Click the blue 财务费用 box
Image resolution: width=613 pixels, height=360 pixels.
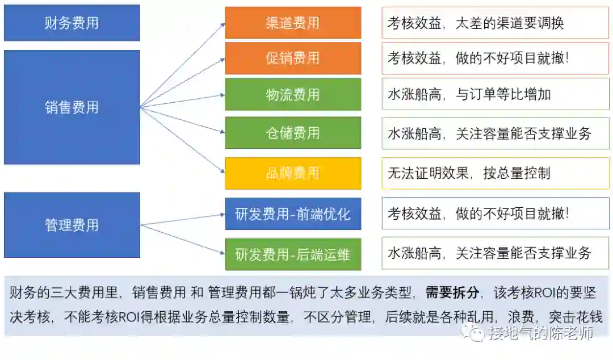coord(72,23)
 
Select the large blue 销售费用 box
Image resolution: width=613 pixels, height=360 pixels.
coord(72,107)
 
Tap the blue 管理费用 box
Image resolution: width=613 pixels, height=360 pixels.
coord(72,225)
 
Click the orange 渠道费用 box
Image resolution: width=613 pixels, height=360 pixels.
coord(293,23)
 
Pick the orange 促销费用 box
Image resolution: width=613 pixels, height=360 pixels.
coord(293,58)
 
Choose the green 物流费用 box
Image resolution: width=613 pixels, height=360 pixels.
coord(293,94)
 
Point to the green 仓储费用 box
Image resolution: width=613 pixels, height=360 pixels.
coord(293,133)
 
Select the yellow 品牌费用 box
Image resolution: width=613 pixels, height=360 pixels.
coord(293,173)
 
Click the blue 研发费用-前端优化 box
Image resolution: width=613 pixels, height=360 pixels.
coord(293,214)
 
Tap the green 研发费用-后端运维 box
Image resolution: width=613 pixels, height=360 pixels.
coord(293,254)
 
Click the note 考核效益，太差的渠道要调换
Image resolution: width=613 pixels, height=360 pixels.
coord(476,23)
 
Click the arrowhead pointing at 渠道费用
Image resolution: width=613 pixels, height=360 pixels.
coord(222,25)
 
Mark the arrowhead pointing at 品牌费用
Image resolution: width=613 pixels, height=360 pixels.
coord(222,171)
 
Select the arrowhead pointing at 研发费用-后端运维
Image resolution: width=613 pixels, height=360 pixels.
coord(222,253)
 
